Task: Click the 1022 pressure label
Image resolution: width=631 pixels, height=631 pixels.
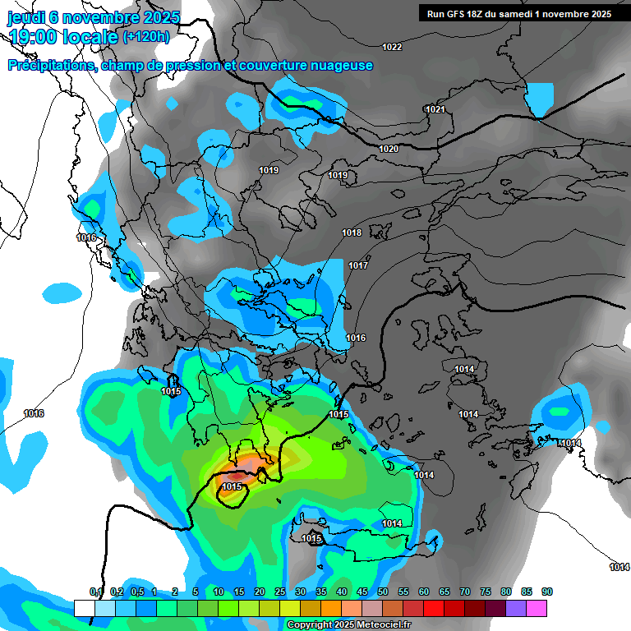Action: pyautogui.click(x=392, y=47)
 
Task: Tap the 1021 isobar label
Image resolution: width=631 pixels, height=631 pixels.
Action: pyautogui.click(x=435, y=110)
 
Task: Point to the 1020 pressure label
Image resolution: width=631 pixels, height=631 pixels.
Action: pyautogui.click(x=389, y=149)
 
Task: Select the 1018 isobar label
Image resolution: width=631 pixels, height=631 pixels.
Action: pyautogui.click(x=352, y=233)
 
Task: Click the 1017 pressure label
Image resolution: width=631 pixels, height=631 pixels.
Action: pyautogui.click(x=357, y=265)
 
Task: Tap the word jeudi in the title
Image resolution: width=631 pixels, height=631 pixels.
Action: pyautogui.click(x=25, y=17)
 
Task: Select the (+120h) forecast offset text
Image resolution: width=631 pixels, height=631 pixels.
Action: pyautogui.click(x=146, y=36)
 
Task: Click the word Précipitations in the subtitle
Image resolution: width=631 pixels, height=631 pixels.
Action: pyautogui.click(x=50, y=66)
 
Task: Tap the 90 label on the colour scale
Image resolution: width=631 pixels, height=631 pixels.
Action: pyautogui.click(x=547, y=592)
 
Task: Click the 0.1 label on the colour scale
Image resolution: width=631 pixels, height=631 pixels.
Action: pyautogui.click(x=95, y=592)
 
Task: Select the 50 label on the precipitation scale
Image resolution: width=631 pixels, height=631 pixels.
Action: pyautogui.click(x=383, y=592)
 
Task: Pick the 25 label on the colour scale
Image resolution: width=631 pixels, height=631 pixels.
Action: pyautogui.click(x=280, y=592)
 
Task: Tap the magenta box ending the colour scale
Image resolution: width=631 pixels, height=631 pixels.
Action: pyautogui.click(x=537, y=608)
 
